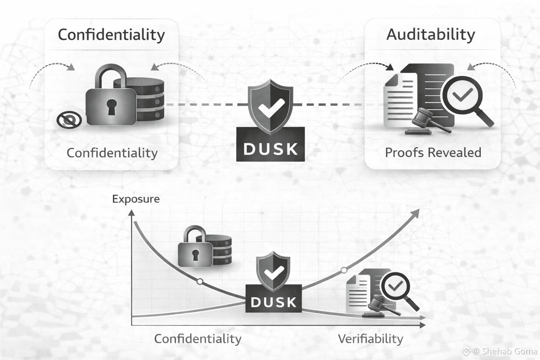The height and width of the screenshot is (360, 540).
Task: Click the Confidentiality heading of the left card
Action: [111, 35]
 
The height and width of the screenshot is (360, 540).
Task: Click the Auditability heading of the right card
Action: [431, 34]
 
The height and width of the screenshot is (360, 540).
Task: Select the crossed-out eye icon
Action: [69, 120]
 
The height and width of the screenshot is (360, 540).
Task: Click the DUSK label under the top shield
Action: [270, 148]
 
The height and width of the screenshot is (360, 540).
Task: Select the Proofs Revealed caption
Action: [433, 153]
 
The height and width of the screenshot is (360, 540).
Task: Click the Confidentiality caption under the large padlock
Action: [112, 153]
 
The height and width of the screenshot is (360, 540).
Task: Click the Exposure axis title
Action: [136, 199]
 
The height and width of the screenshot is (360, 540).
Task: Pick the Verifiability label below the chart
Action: [370, 339]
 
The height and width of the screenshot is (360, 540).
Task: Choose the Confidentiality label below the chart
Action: [198, 339]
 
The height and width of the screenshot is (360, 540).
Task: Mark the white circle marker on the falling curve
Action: [200, 282]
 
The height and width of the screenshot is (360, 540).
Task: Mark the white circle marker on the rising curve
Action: [344, 270]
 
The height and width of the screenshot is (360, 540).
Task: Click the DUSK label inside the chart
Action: [274, 302]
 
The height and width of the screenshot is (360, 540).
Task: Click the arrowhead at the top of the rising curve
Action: [416, 212]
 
